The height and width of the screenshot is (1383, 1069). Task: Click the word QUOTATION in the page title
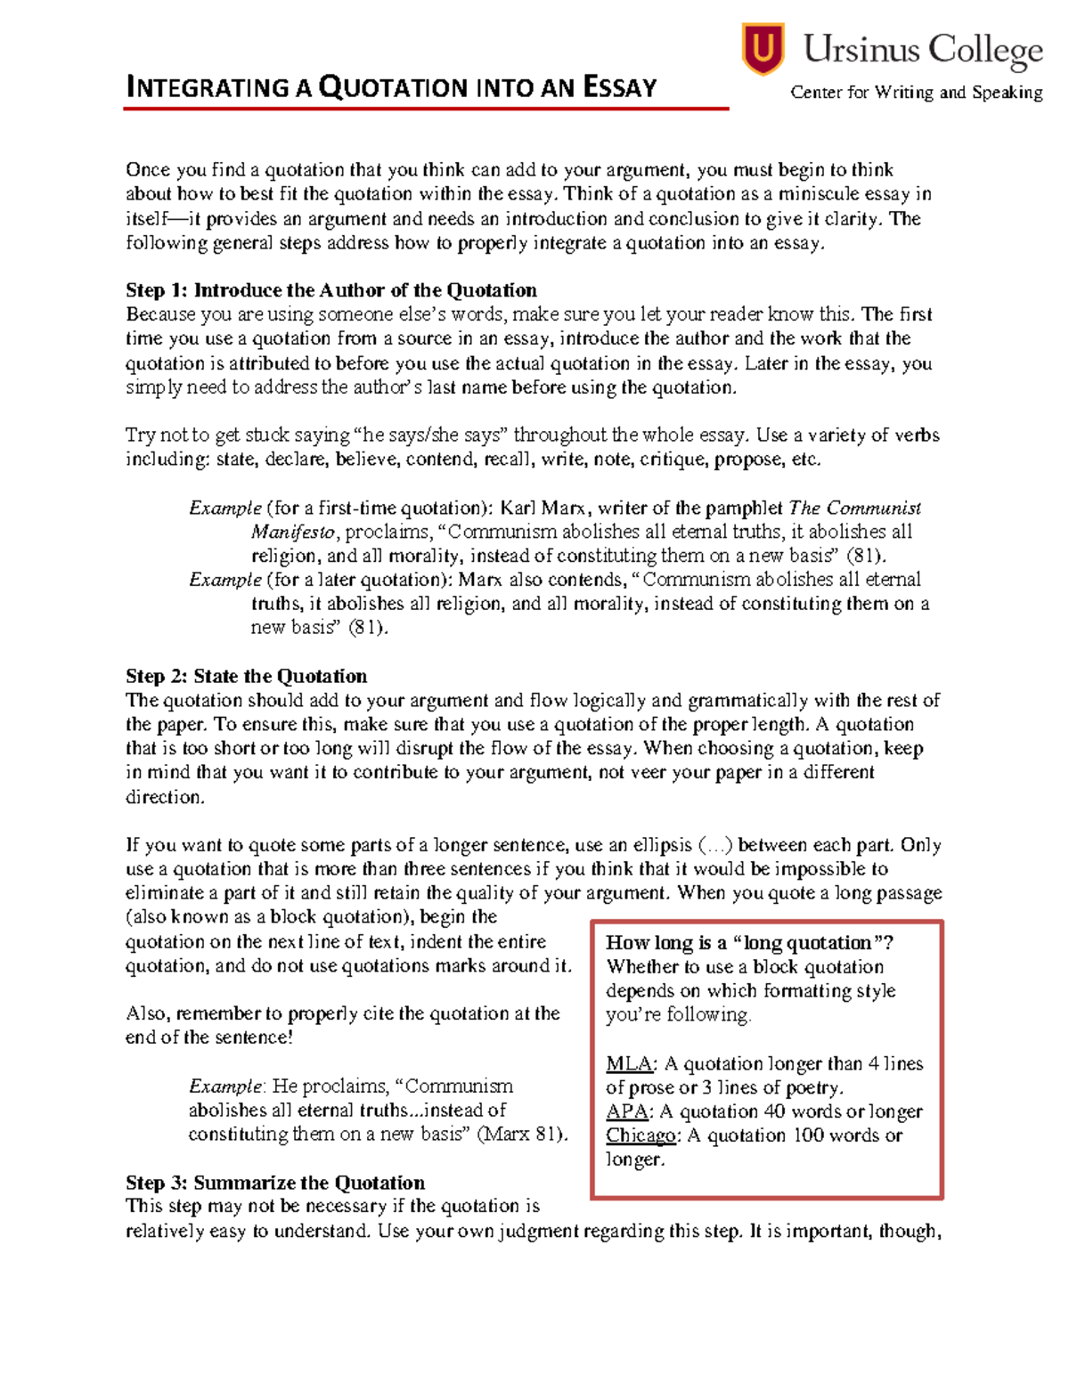point(393,87)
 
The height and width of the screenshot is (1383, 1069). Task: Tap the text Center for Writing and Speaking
point(916,92)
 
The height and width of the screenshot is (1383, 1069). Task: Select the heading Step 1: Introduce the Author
point(330,290)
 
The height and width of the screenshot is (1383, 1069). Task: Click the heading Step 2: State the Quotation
point(246,676)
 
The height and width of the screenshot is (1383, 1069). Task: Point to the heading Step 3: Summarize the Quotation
point(274,1183)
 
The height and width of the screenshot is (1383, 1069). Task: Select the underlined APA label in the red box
point(626,1111)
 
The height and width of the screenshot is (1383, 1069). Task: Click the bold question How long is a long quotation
point(749,943)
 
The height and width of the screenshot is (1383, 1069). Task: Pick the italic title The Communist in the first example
point(855,508)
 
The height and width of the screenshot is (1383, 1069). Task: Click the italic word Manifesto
point(293,532)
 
